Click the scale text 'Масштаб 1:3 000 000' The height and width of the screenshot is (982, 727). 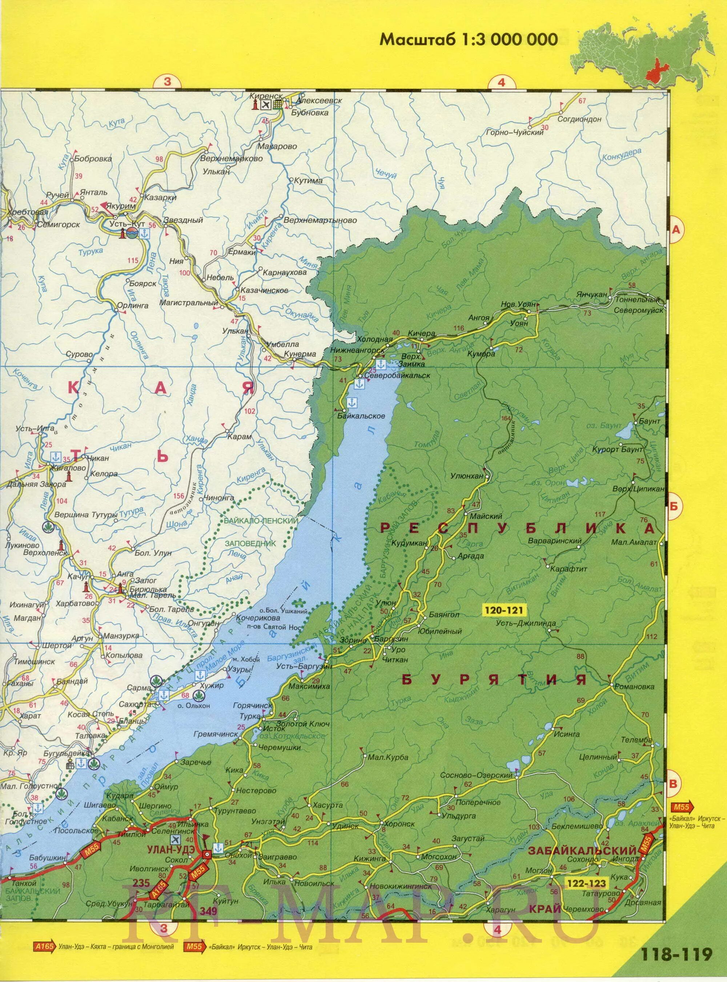coord(469,40)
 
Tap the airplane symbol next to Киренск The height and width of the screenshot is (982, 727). coord(265,104)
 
